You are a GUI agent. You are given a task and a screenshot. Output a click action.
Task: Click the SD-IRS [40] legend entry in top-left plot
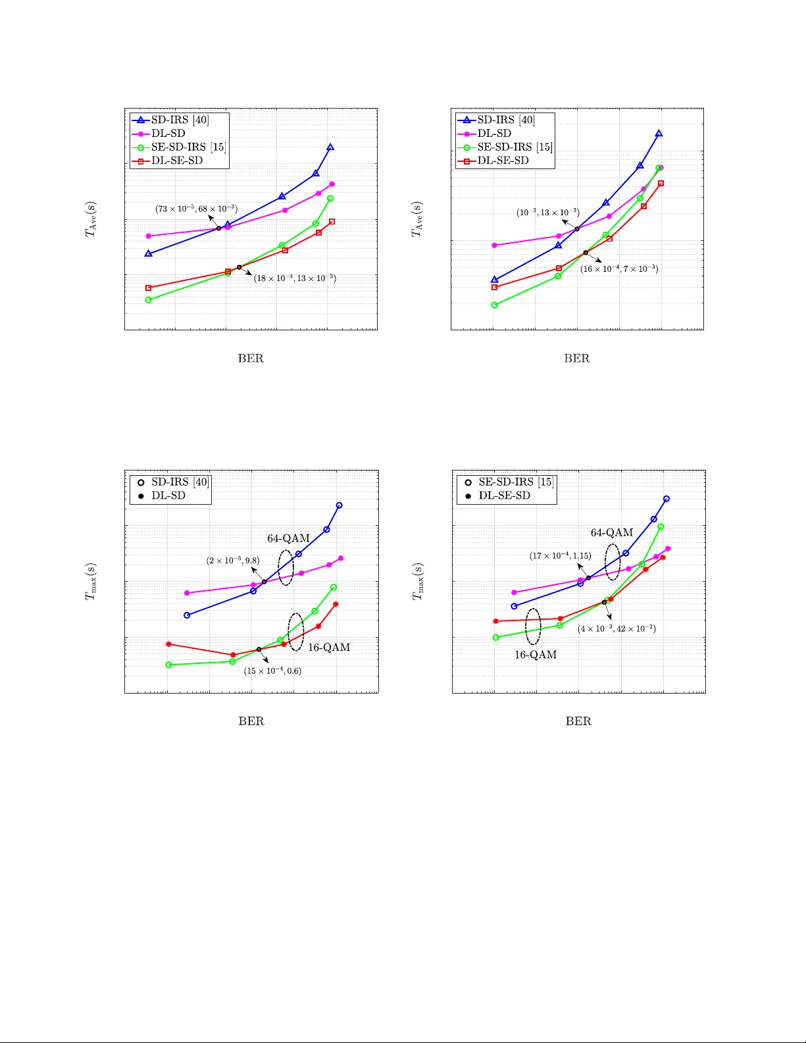[x=180, y=120]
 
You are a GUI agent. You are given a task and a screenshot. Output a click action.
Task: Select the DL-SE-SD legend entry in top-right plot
[x=503, y=161]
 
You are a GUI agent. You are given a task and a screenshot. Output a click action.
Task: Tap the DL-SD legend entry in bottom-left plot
[x=168, y=496]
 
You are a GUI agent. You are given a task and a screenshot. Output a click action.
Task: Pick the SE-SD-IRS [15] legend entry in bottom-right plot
[x=516, y=482]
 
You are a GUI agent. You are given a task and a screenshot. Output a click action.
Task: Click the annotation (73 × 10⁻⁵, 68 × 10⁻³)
[x=196, y=209]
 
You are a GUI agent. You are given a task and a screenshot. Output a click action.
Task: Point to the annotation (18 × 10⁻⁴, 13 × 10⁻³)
[x=295, y=278]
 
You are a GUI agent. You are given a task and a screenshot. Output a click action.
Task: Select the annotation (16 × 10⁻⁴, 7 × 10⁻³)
[x=618, y=268]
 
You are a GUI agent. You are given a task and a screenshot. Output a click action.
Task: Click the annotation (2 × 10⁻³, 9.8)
[x=233, y=561]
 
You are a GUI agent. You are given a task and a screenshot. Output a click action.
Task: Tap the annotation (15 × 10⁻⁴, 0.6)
[x=272, y=671]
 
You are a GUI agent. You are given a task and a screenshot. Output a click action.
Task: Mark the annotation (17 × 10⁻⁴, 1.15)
[x=560, y=556]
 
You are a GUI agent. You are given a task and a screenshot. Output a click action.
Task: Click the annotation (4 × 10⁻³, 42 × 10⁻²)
[x=617, y=628]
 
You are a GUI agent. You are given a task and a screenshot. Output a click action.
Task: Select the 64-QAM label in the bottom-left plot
[x=288, y=538]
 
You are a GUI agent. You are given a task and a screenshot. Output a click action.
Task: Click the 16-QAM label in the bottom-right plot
[x=536, y=655]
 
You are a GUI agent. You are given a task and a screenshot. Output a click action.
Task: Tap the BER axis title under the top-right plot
[x=576, y=359]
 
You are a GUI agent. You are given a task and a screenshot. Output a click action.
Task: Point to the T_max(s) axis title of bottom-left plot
[x=91, y=582]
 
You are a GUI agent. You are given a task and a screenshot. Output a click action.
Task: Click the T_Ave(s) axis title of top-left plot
[x=91, y=219]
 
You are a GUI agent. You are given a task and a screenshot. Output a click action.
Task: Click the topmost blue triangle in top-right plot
[x=659, y=134]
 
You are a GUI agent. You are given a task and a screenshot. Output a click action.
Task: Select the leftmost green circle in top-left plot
[x=149, y=300]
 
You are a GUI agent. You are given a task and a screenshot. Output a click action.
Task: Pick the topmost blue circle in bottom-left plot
[x=340, y=505]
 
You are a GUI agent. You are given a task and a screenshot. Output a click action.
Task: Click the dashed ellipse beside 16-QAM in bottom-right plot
[x=533, y=626]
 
